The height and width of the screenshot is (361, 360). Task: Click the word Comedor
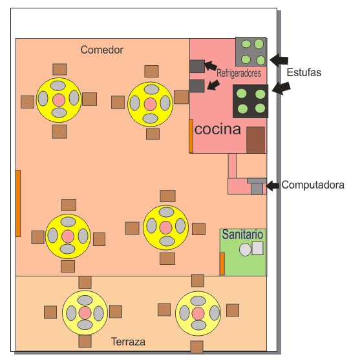click(101, 50)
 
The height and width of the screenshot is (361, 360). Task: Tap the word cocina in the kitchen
click(218, 129)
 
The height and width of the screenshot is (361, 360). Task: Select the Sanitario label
click(242, 234)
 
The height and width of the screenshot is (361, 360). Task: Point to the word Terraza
click(128, 342)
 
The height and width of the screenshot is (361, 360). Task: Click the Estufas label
click(304, 72)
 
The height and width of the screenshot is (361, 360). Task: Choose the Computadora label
click(313, 185)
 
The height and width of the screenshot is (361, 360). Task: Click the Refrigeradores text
click(238, 73)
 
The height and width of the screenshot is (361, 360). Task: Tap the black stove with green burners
click(251, 101)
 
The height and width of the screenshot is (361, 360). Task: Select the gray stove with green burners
click(251, 52)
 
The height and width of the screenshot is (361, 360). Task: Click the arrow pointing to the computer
click(273, 185)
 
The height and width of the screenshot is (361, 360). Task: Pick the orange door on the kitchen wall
click(191, 136)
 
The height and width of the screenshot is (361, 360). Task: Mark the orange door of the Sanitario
click(222, 263)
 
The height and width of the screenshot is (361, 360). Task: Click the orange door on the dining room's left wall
click(18, 203)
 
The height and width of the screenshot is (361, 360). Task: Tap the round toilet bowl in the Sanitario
click(245, 249)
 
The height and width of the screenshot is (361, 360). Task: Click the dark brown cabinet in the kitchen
click(255, 140)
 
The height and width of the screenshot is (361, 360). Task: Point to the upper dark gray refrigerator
click(197, 67)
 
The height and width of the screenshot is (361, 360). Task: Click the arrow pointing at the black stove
click(281, 88)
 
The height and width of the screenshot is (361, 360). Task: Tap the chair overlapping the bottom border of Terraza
click(197, 347)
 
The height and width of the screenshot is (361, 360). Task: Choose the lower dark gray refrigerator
click(196, 86)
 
